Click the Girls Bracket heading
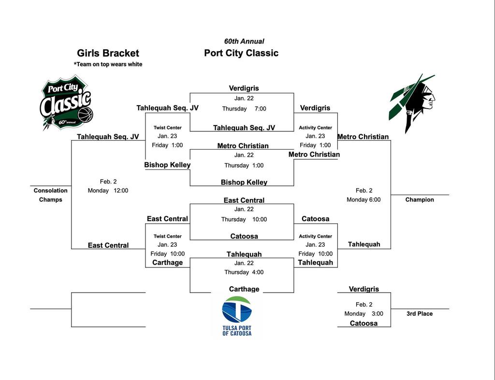click(x=108, y=53)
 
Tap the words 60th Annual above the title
click(x=244, y=42)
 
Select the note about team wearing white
click(x=108, y=64)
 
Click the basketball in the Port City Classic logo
click(x=85, y=115)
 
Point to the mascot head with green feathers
click(x=413, y=102)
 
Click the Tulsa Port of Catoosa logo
click(x=237, y=316)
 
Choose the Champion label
click(x=420, y=199)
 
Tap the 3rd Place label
click(x=419, y=313)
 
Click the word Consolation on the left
click(x=51, y=190)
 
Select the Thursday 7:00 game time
click(x=244, y=109)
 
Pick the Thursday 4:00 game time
click(x=244, y=272)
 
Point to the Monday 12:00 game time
click(x=108, y=190)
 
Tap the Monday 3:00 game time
click(x=364, y=313)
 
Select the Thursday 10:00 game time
click(x=244, y=219)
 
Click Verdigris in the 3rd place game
click(x=364, y=289)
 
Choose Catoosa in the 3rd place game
click(x=364, y=323)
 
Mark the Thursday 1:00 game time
click(x=244, y=165)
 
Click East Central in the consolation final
click(x=108, y=245)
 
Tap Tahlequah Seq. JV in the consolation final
click(x=108, y=137)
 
